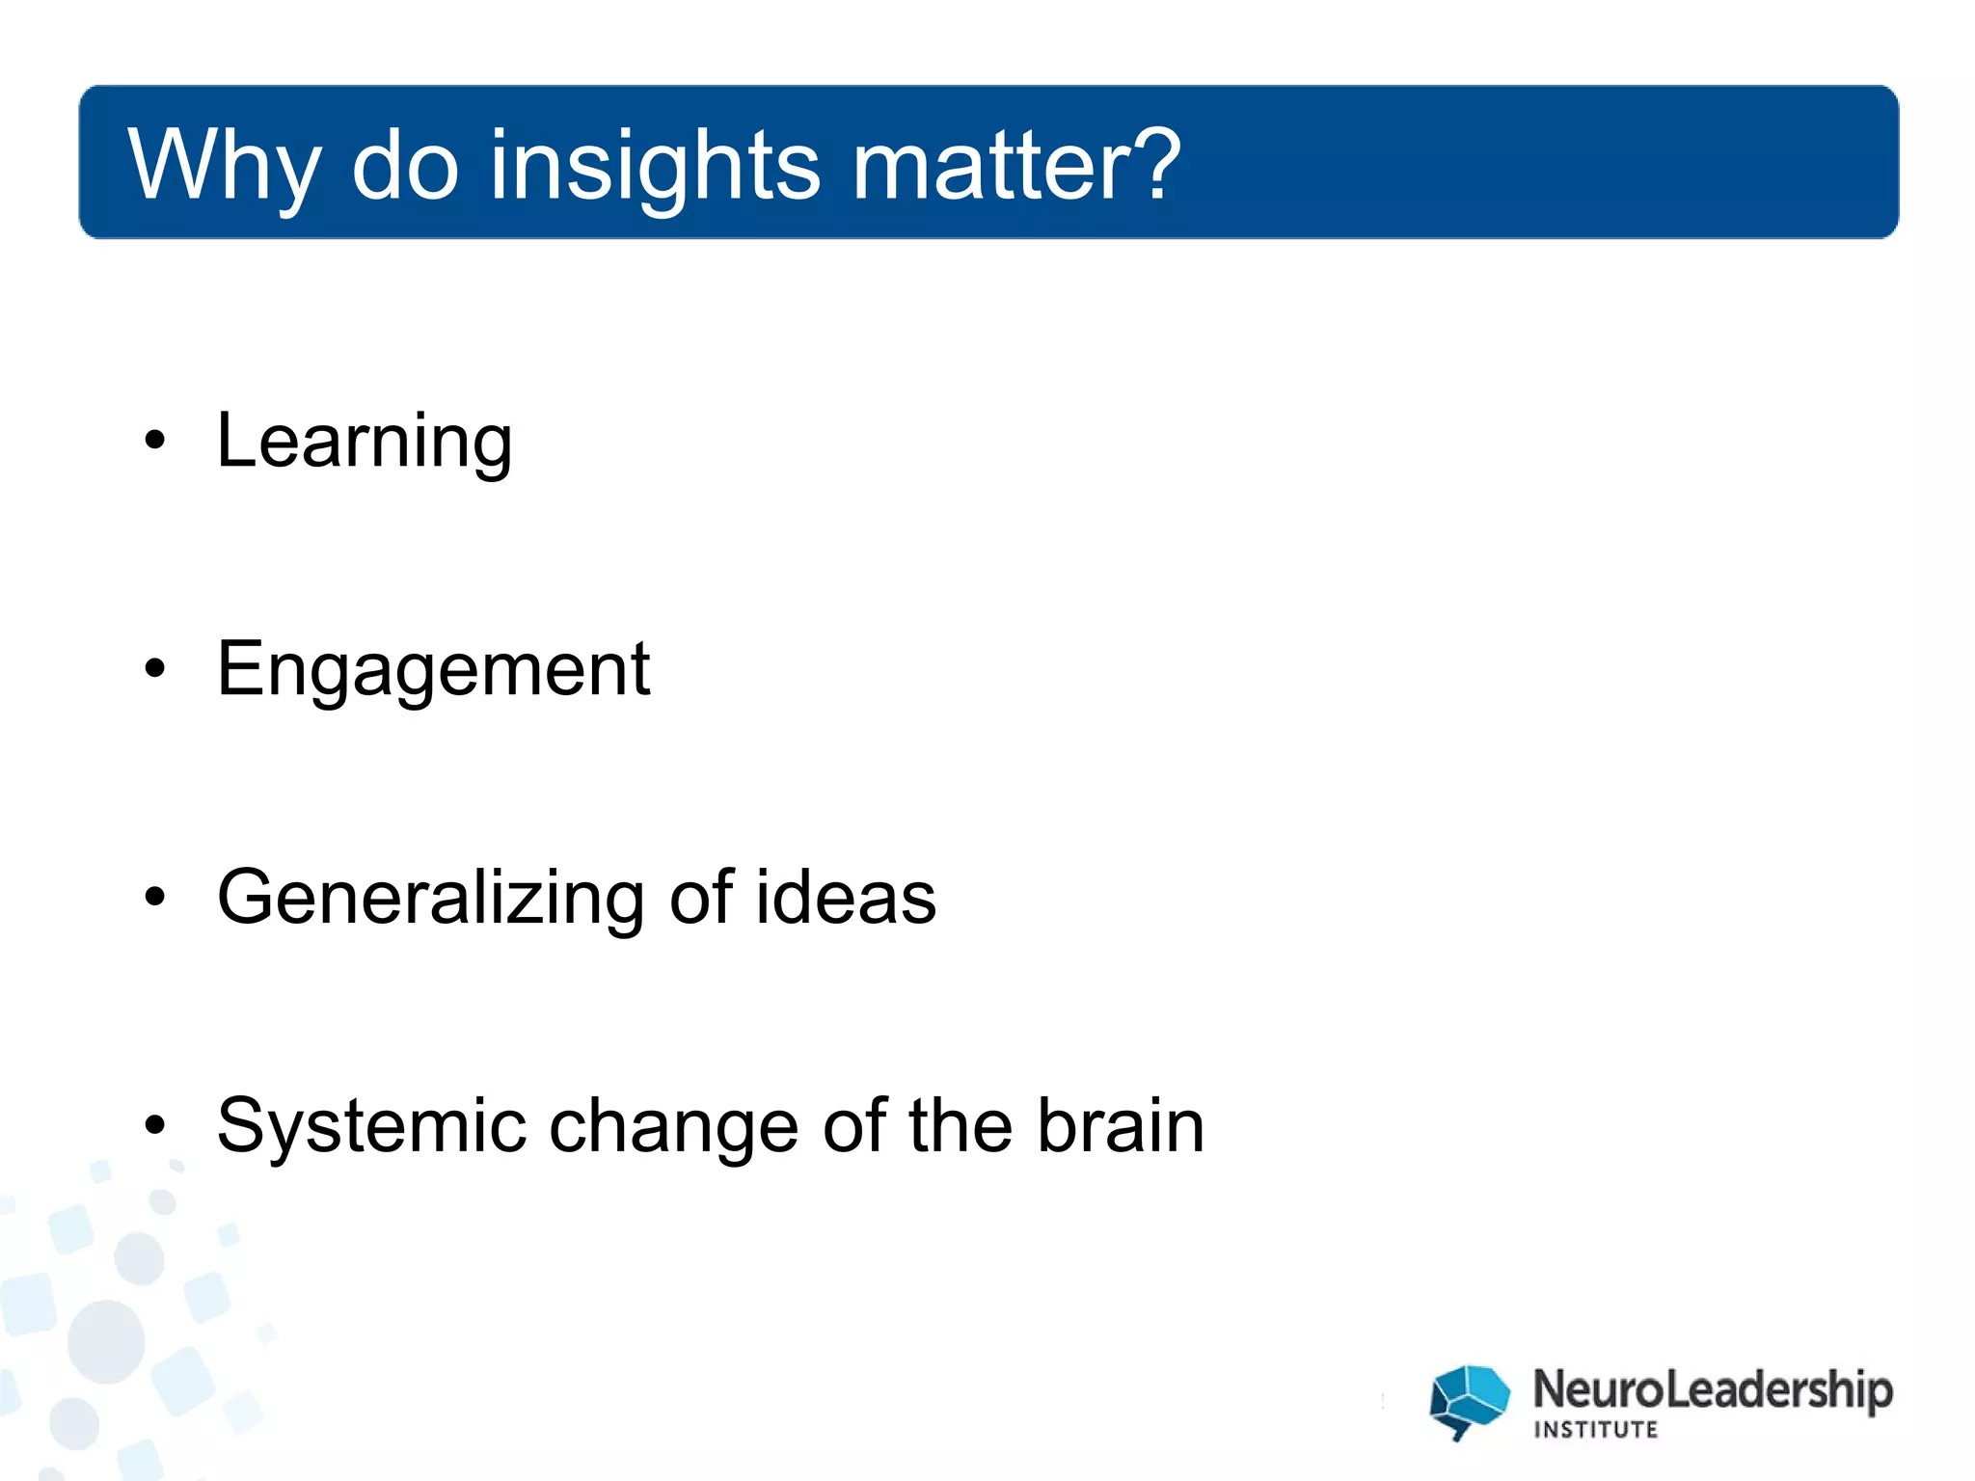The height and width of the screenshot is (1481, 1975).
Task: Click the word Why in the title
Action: click(x=224, y=166)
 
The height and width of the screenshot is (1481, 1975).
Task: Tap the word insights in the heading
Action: click(x=656, y=166)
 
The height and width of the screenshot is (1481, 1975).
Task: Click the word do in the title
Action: click(x=405, y=166)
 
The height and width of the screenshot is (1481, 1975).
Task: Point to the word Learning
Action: click(x=365, y=442)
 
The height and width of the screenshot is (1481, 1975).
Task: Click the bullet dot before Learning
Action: click(x=155, y=442)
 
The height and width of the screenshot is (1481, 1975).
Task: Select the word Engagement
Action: click(x=433, y=670)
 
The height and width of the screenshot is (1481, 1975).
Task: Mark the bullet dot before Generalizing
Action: click(x=155, y=897)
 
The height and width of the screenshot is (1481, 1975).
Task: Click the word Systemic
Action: click(x=372, y=1126)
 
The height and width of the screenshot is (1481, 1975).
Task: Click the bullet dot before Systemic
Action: click(x=155, y=1125)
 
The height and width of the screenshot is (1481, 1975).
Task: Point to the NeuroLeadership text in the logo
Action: click(x=1713, y=1390)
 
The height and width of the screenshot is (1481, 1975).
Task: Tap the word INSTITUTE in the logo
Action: click(x=1596, y=1430)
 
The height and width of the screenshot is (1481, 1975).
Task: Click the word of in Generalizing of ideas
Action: click(x=701, y=897)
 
